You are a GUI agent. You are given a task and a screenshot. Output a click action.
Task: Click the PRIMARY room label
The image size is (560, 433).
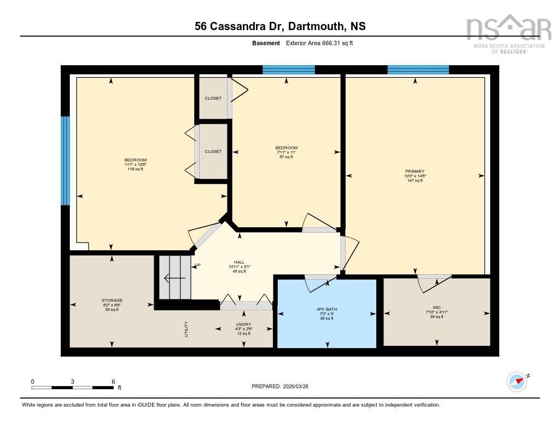415,171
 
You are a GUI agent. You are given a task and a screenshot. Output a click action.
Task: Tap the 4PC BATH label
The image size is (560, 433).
327,309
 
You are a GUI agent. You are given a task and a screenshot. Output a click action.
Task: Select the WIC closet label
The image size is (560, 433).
436,308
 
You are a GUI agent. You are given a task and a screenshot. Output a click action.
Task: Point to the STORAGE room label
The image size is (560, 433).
112,301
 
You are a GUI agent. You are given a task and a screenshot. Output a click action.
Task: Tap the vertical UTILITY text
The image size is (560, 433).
186,328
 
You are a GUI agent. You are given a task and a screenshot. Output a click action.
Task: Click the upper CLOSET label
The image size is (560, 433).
213,99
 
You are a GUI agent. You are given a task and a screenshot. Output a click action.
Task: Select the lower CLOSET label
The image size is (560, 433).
213,151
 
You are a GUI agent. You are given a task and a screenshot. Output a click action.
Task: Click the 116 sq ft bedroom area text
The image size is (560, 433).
135,169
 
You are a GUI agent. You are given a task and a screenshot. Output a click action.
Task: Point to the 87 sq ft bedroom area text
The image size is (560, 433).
286,157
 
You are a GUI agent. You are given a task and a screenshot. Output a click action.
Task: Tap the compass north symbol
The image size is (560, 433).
517,380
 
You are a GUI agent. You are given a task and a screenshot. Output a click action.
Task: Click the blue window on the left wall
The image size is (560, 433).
65,160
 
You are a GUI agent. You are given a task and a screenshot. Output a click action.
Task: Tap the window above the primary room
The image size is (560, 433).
418,70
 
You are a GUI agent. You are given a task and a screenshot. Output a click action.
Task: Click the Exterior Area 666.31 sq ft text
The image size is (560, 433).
319,43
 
